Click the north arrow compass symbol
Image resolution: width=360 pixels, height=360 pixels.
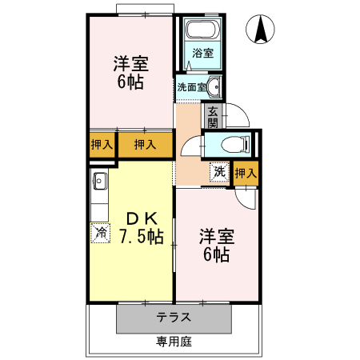262,30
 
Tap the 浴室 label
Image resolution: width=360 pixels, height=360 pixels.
202,54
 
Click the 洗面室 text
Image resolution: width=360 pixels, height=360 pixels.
191,86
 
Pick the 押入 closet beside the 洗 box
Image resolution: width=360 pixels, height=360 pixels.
246,172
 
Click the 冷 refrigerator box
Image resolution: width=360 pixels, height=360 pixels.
101,233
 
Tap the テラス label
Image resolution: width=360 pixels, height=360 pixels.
174,317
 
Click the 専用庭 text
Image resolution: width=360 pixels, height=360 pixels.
174,342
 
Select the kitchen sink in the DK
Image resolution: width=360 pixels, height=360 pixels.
100,181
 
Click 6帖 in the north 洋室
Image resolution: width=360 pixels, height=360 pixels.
130,82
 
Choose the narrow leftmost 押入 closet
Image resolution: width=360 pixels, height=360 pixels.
101,145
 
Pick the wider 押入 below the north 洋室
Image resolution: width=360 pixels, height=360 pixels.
145,145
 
